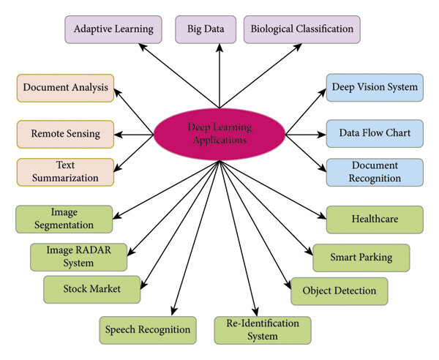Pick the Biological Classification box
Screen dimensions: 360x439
pos(301,29)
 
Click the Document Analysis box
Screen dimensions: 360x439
pos(66,88)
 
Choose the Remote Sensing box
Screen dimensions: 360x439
pos(66,134)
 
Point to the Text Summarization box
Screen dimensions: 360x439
pos(66,172)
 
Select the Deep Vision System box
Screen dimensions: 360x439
pos(375,88)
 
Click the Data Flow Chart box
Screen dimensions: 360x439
pos(375,134)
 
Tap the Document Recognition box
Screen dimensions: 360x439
pos(375,172)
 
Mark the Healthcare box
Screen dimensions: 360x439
pos(375,219)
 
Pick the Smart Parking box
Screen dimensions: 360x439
pos(361,257)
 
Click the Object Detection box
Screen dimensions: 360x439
pos(339,290)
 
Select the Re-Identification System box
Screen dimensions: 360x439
pos(262,329)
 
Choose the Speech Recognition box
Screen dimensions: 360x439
pos(149,329)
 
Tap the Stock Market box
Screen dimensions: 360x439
pos(92,289)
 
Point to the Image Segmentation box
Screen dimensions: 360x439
pos(64,219)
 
